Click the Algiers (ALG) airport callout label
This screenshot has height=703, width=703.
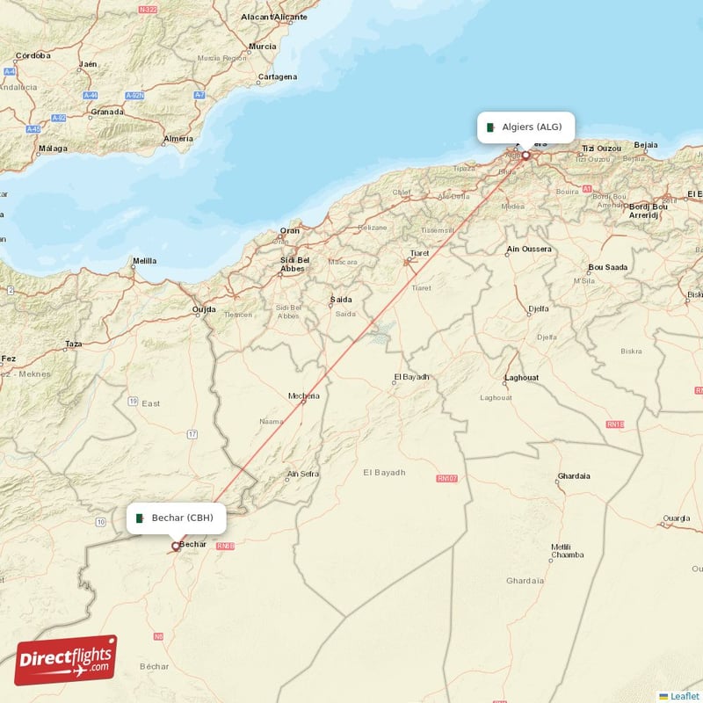pyautogui.click(x=526, y=127)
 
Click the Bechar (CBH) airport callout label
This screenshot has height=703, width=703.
pyautogui.click(x=176, y=518)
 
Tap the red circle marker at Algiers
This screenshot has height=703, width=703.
pyautogui.click(x=526, y=156)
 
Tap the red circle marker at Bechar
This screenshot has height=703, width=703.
pyautogui.click(x=176, y=546)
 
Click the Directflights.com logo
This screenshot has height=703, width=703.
pyautogui.click(x=65, y=660)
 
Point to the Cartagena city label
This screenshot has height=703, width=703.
pyautogui.click(x=278, y=76)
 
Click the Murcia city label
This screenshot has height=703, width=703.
pyautogui.click(x=262, y=47)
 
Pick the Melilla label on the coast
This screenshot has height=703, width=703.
pyautogui.click(x=144, y=261)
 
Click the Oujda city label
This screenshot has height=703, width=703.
pyautogui.click(x=204, y=309)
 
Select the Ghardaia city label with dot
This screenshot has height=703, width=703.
pyautogui.click(x=574, y=476)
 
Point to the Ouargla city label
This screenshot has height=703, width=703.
pyautogui.click(x=676, y=518)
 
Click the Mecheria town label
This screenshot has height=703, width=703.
pyautogui.click(x=304, y=395)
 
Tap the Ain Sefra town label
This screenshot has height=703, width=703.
pyautogui.click(x=303, y=475)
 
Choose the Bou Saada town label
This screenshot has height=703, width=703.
pyautogui.click(x=608, y=267)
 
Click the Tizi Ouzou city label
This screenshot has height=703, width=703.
pyautogui.click(x=602, y=148)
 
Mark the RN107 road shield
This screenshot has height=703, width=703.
pyautogui.click(x=447, y=479)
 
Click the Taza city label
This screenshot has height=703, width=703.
pyautogui.click(x=74, y=344)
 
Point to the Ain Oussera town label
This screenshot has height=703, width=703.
pyautogui.click(x=529, y=250)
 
